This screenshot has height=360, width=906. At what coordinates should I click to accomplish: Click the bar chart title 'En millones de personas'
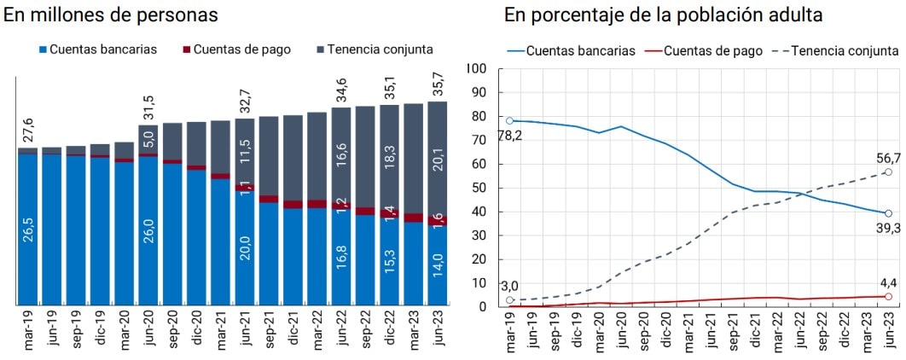click(x=111, y=15)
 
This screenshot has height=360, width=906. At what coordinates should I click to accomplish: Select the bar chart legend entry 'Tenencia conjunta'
click(x=375, y=49)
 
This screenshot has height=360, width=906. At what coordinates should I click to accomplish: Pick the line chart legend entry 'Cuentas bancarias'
click(x=572, y=50)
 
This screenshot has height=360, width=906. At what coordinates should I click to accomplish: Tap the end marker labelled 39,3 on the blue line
click(x=888, y=213)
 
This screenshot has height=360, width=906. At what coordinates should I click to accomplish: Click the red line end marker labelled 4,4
click(x=888, y=297)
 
